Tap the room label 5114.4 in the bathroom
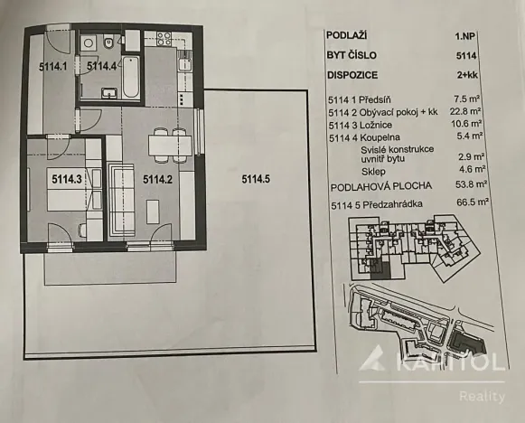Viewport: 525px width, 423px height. [102, 66]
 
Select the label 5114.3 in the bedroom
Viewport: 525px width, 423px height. [68, 179]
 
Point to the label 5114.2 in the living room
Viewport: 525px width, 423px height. [157, 179]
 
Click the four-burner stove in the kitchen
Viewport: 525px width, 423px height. [164, 39]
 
